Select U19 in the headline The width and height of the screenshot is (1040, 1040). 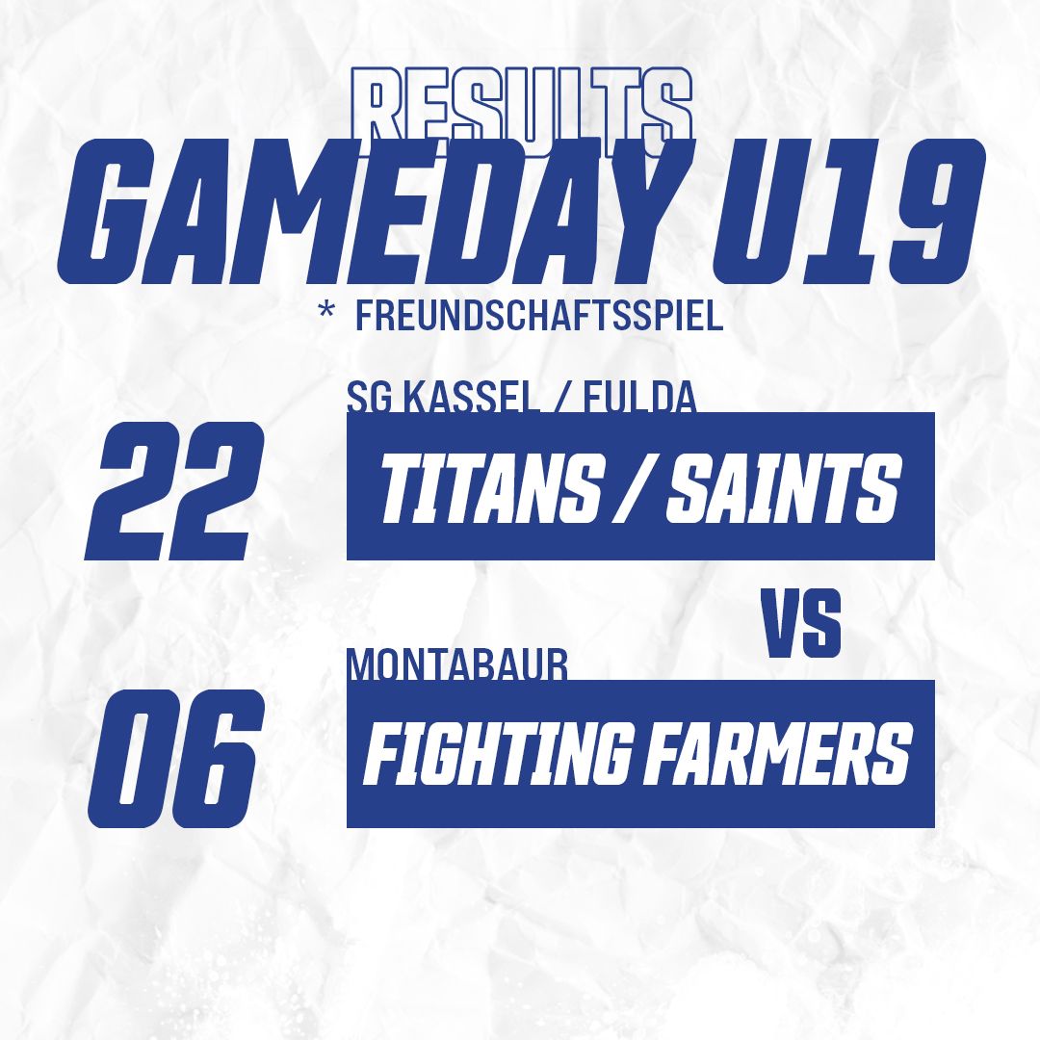pyautogui.click(x=849, y=212)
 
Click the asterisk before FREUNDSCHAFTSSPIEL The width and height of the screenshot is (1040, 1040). pyautogui.click(x=325, y=309)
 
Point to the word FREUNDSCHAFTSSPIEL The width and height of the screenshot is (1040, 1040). pyautogui.click(x=539, y=316)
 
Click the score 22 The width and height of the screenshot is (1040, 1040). pyautogui.click(x=174, y=491)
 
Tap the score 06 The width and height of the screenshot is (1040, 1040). pyautogui.click(x=176, y=758)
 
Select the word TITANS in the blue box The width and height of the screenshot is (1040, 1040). pyautogui.click(x=492, y=489)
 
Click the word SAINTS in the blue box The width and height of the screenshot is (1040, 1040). pyautogui.click(x=783, y=489)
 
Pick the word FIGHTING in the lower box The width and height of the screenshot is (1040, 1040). pyautogui.click(x=497, y=753)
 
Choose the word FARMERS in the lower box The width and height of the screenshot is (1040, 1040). pyautogui.click(x=778, y=753)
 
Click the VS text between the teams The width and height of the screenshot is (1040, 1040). pyautogui.click(x=800, y=624)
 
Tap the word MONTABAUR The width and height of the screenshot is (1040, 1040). pyautogui.click(x=458, y=664)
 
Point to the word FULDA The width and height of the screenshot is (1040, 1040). pyautogui.click(x=640, y=397)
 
